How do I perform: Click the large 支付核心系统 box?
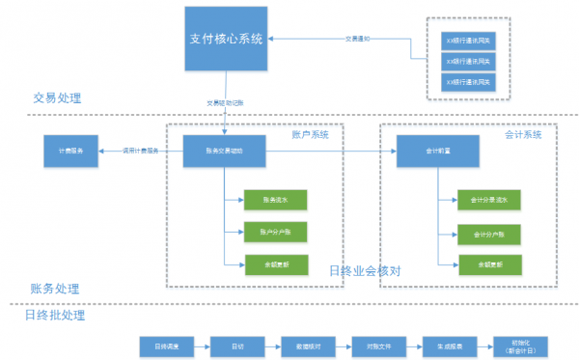pyautogui.click(x=225, y=39)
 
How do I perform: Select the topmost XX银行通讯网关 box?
pyautogui.click(x=466, y=41)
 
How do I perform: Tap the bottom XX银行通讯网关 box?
pyautogui.click(x=466, y=82)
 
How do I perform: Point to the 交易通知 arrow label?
pyautogui.click(x=358, y=39)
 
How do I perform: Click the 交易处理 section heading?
pyautogui.click(x=57, y=98)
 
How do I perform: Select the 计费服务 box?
pyautogui.click(x=69, y=151)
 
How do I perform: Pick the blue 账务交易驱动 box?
pyautogui.click(x=225, y=151)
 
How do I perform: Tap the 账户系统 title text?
pyautogui.click(x=311, y=135)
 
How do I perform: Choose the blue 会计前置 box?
pyautogui.click(x=438, y=151)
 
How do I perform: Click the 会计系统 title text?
pyautogui.click(x=523, y=135)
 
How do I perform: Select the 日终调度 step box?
pyautogui.click(x=166, y=345)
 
